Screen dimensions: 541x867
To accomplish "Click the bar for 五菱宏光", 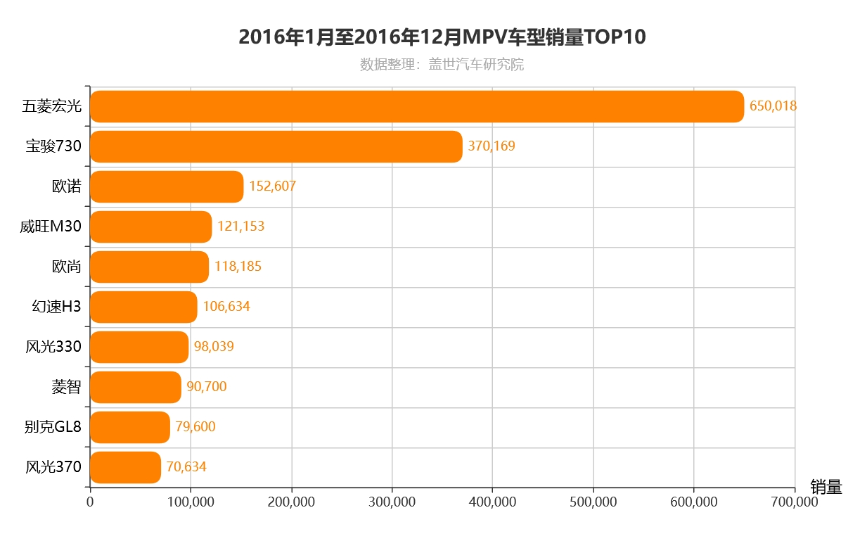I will click(x=417, y=106).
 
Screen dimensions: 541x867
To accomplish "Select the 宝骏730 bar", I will click(x=276, y=146).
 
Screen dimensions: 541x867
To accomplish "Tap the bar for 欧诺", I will click(x=167, y=186).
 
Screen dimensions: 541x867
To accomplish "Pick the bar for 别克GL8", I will click(x=130, y=427).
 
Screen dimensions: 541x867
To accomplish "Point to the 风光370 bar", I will click(x=125, y=467).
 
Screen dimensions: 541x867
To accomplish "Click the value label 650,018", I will click(x=773, y=106).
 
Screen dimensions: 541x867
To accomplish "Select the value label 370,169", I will click(x=492, y=146).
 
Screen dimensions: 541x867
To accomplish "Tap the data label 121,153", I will click(x=240, y=227).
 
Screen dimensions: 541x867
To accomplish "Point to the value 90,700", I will click(x=207, y=387).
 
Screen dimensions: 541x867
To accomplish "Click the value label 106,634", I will click(x=226, y=307).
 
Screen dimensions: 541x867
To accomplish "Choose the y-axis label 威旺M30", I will click(x=51, y=227).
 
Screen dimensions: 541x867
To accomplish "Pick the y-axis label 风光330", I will click(x=53, y=347).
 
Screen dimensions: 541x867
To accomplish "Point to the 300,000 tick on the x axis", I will click(x=392, y=502).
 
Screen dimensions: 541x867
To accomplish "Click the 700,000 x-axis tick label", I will click(x=795, y=502).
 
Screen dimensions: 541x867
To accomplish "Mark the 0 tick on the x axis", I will click(x=90, y=502).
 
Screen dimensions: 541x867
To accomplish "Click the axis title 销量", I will click(x=826, y=487).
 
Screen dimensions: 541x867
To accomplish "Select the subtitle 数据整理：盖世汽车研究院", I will click(x=442, y=65).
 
